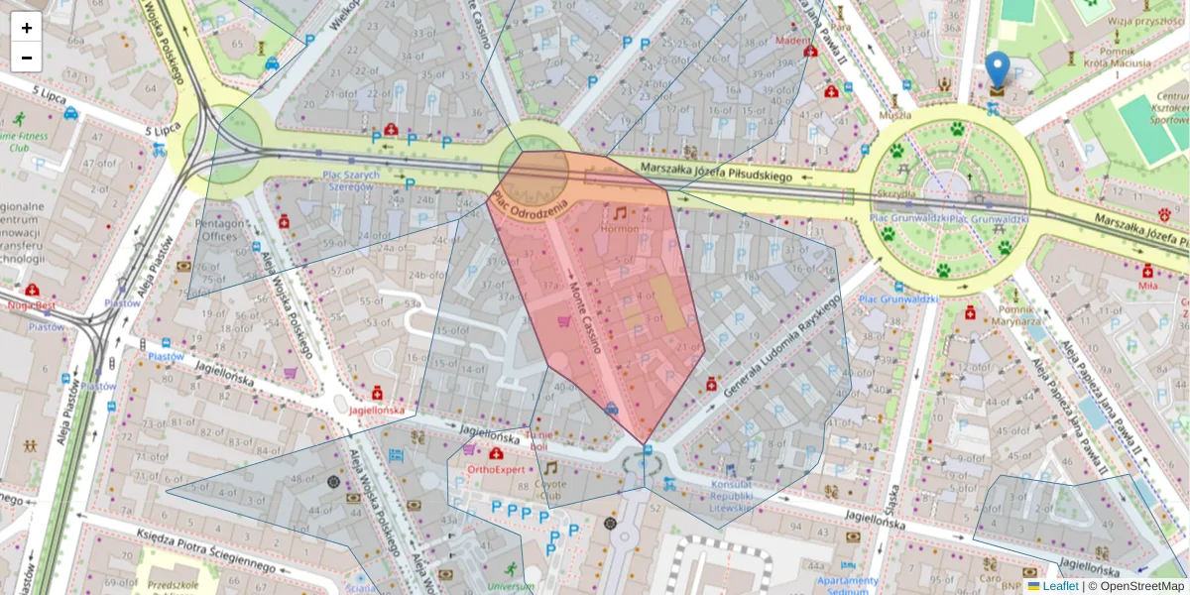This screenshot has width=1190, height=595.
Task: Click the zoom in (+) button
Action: [x=27, y=28]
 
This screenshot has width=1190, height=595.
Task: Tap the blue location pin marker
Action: [x=998, y=69]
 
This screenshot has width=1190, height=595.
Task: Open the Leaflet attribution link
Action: [x=1059, y=586]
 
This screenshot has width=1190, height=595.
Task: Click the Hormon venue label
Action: [x=620, y=229]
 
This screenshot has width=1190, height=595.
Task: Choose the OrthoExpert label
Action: [x=495, y=469]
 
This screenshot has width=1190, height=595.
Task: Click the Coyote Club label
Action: [x=549, y=490]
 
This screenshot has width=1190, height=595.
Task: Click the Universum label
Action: [x=511, y=586]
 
